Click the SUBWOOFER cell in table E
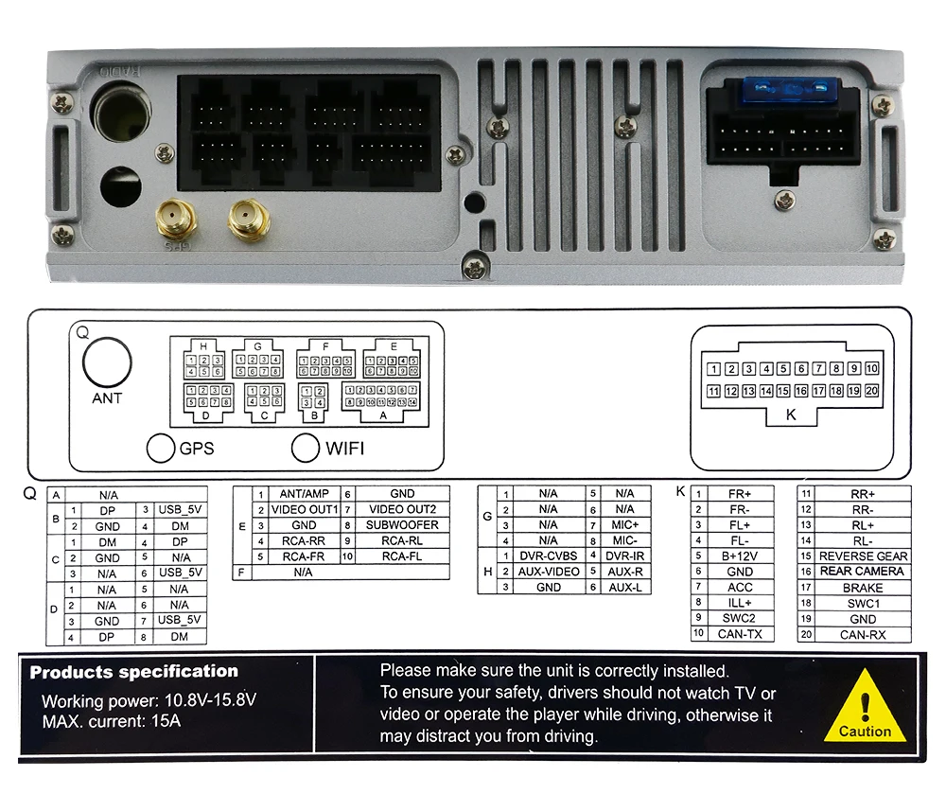[402, 525]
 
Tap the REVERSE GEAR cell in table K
[863, 556]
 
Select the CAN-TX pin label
[740, 634]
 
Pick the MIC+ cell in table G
[624, 525]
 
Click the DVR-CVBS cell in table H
[548, 556]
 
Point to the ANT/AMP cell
[304, 494]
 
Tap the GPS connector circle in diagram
[160, 449]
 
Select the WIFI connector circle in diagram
[305, 448]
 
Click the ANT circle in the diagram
[107, 363]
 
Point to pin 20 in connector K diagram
[871, 391]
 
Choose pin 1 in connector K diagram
[714, 369]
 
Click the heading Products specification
[134, 672]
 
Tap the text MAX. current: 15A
[111, 721]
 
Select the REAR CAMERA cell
[862, 572]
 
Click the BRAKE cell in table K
[862, 588]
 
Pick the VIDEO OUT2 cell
[402, 509]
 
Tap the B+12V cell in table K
[740, 556]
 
